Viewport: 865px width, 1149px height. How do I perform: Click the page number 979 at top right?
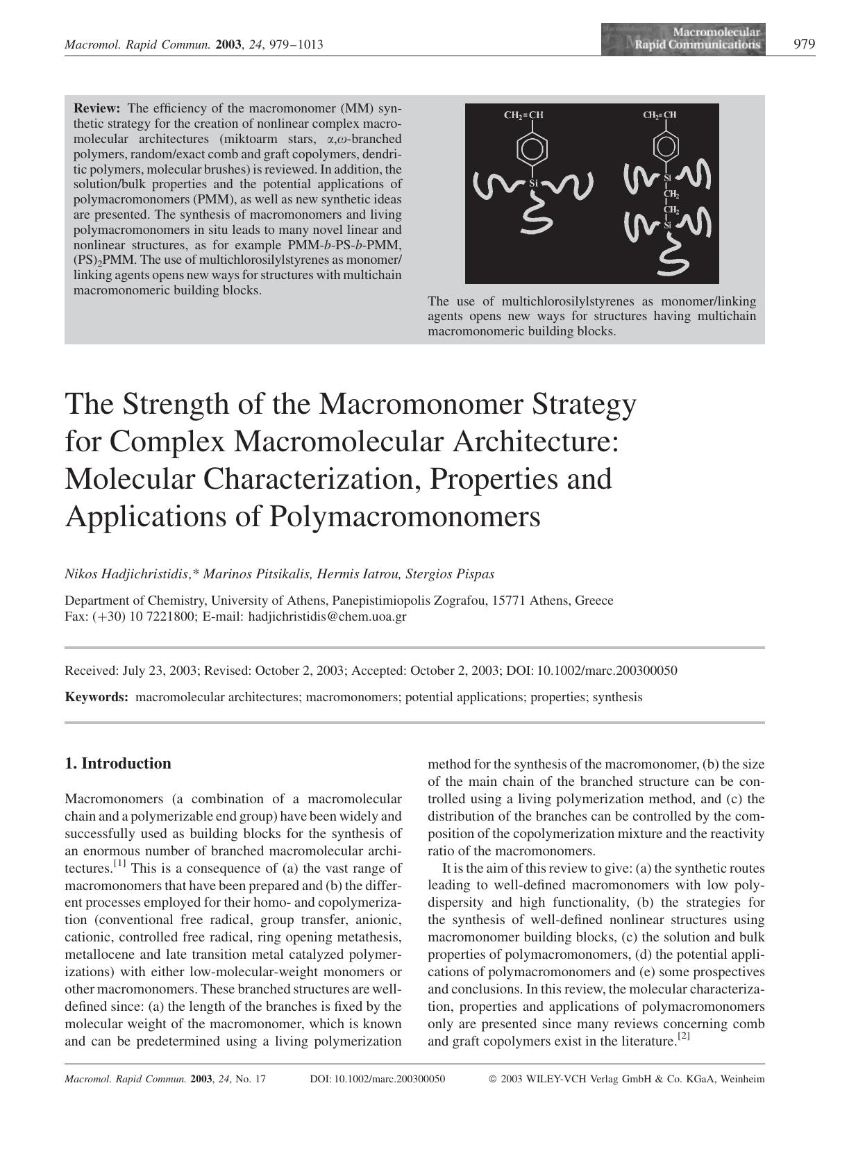(804, 44)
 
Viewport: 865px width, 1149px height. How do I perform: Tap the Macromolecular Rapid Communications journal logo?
(684, 40)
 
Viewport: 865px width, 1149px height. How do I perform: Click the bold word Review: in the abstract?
(97, 108)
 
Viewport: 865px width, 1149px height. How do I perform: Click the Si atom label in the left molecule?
(533, 183)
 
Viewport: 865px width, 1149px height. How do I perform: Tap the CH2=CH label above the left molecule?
(523, 115)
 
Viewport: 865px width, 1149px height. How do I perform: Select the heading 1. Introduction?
(117, 764)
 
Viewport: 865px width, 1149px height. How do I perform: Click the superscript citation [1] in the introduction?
(119, 864)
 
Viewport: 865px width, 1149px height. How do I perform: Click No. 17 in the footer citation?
(251, 1080)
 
